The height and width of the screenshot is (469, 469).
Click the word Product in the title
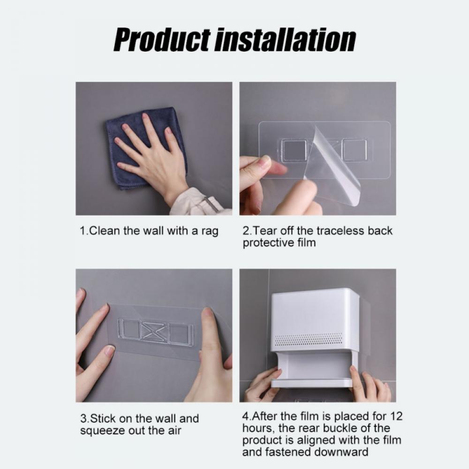[162, 40]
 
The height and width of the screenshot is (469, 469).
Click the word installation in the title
[285, 40]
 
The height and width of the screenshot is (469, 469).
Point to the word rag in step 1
[210, 232]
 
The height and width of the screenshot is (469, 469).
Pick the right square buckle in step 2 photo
[354, 150]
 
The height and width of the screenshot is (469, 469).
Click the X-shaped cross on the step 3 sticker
[153, 331]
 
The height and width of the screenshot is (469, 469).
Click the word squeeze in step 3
[102, 431]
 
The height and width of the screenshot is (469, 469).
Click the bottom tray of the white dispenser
[311, 383]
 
